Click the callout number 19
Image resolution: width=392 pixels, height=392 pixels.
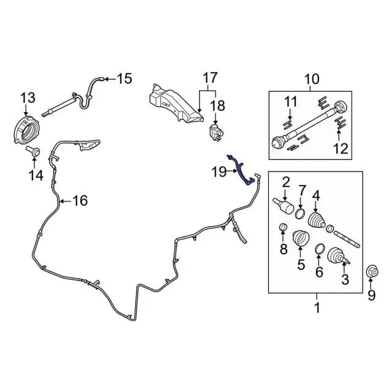[219, 171]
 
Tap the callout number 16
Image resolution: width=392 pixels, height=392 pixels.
[80, 200]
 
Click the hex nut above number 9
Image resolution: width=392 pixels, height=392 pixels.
[372, 272]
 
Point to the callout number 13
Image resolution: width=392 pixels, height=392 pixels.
[28, 98]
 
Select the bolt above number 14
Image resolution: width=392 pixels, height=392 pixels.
[33, 151]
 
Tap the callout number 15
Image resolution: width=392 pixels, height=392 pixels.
[124, 78]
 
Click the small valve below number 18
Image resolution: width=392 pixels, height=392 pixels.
[216, 132]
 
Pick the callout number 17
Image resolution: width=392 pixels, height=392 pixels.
[210, 78]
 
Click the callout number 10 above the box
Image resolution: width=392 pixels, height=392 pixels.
[312, 79]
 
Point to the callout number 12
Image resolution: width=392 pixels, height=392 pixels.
[341, 148]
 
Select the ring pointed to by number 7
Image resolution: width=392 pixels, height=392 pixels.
[300, 213]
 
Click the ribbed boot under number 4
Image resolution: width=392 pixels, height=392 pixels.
[316, 220]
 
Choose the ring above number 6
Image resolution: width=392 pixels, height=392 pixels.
[320, 248]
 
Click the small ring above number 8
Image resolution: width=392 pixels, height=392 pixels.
[283, 227]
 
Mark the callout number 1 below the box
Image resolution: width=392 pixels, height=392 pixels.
[317, 308]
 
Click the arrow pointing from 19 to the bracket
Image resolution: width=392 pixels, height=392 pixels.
[232, 171]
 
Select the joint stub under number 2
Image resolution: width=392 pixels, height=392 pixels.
[284, 206]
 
